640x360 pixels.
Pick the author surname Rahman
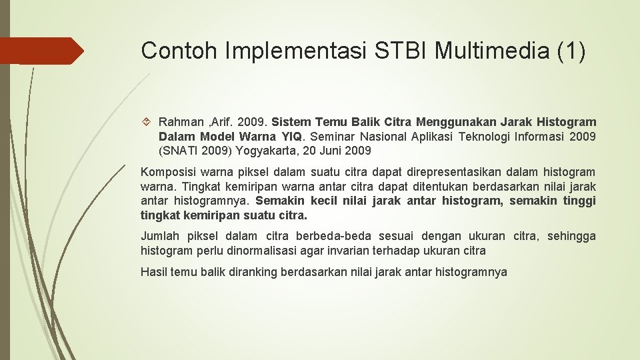180,122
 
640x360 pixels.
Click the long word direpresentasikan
408,173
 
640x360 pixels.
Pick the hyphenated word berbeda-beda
343,236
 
